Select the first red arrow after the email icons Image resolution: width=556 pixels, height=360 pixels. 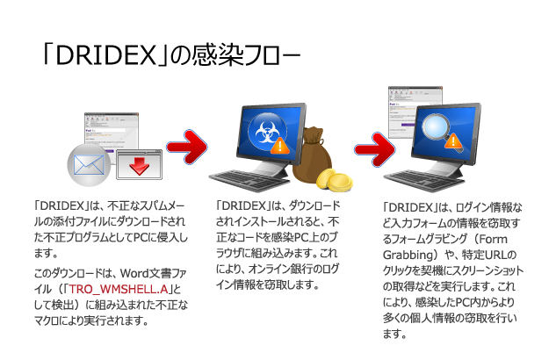coord(186,140)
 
